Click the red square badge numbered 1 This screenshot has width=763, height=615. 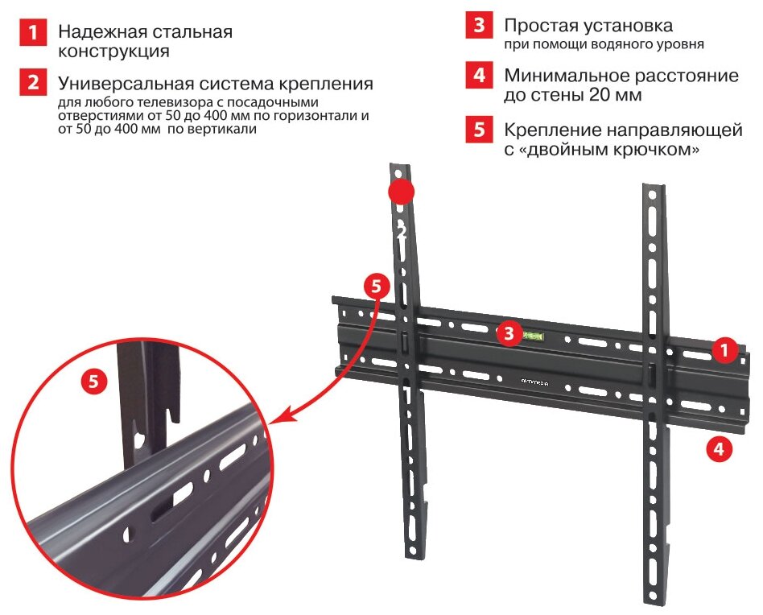coord(32,33)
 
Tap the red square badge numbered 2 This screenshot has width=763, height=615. coord(32,82)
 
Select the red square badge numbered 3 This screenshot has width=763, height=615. coord(479,26)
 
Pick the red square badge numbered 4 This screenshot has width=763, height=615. coord(479,76)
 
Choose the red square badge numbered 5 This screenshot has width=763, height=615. coord(479,130)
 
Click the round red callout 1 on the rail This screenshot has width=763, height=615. coord(724,350)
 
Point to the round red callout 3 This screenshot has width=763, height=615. coord(508,332)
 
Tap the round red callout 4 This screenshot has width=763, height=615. coord(719,448)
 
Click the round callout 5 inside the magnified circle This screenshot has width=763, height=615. coord(94,381)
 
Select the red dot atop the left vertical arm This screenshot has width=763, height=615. coord(401,192)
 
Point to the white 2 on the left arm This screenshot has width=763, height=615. coord(402,232)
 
